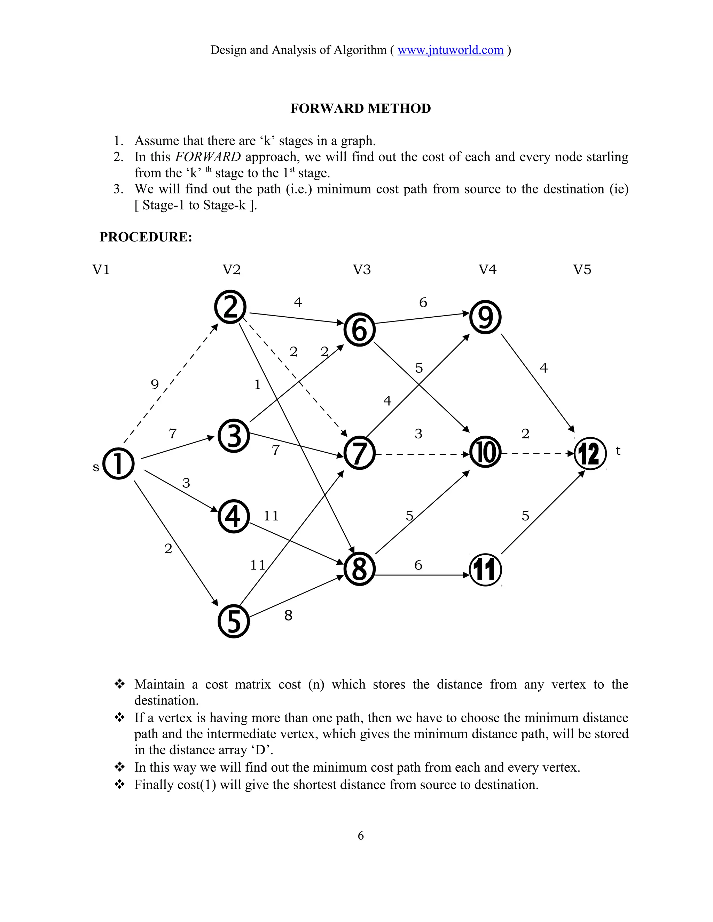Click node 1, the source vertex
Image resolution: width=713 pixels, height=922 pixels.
click(119, 463)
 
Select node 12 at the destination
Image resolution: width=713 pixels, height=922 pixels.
click(590, 454)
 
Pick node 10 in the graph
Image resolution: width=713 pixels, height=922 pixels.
click(486, 453)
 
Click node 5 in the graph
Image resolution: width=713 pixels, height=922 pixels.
click(234, 622)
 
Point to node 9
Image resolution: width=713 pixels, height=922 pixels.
click(486, 317)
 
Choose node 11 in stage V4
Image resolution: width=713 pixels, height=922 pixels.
click(486, 570)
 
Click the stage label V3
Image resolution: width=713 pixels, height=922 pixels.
click(362, 269)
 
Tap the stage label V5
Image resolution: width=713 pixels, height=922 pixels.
click(582, 269)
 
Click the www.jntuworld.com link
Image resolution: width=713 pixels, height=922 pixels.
click(450, 50)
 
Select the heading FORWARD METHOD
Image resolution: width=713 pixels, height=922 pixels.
click(360, 109)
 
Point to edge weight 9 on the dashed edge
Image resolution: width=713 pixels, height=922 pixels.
click(155, 384)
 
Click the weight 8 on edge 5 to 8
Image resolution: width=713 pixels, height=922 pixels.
click(288, 615)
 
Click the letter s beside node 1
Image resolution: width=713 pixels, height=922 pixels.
click(96, 467)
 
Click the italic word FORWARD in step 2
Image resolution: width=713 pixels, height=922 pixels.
click(208, 157)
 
